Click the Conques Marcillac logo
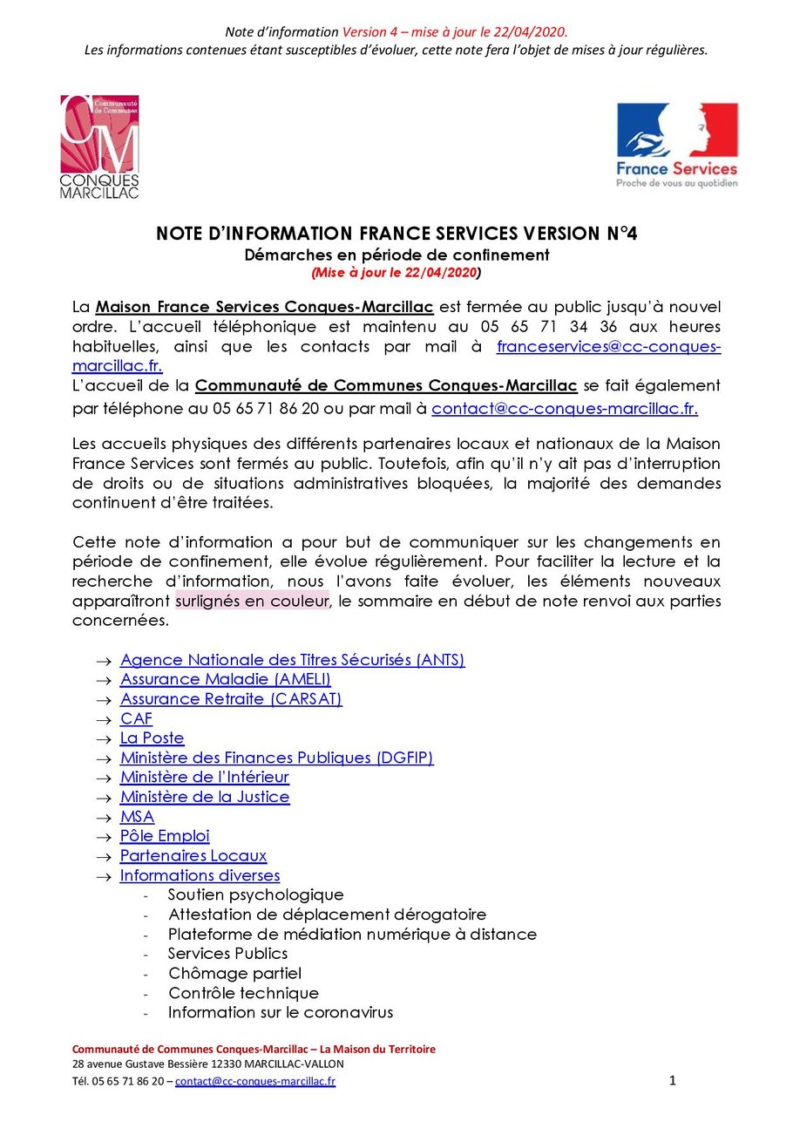(98, 146)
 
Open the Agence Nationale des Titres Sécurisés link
(292, 660)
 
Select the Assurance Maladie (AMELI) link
(225, 679)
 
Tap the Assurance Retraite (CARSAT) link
(231, 699)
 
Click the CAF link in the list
(136, 719)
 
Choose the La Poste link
(152, 738)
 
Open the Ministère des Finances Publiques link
(276, 758)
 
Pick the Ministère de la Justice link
(205, 797)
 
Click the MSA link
(137, 817)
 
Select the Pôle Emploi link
(165, 837)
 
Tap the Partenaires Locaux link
(193, 856)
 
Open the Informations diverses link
(200, 875)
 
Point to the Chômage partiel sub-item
(234, 973)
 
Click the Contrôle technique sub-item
(243, 993)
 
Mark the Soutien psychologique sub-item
(255, 894)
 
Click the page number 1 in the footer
(673, 1081)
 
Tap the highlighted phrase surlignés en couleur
(252, 602)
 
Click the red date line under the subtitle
(396, 272)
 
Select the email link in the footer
(255, 1082)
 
